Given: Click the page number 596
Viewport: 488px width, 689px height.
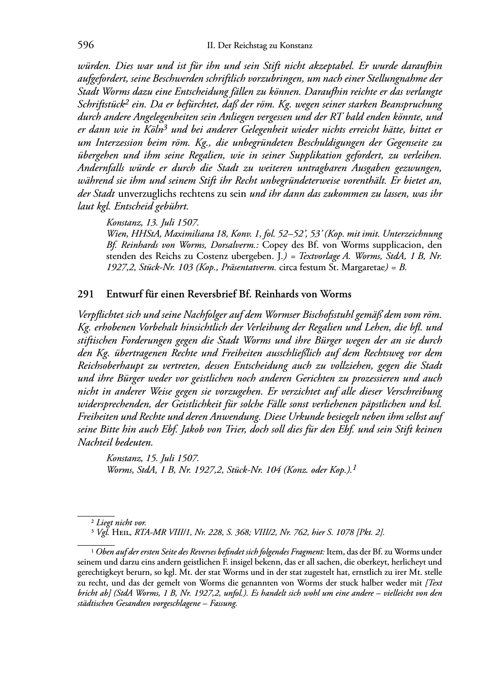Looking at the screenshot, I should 86,46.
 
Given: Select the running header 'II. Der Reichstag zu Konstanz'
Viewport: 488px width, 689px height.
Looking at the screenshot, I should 259,46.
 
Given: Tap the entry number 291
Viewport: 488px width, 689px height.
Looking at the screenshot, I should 86,294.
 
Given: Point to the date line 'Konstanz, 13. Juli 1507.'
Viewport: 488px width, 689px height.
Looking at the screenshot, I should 152,223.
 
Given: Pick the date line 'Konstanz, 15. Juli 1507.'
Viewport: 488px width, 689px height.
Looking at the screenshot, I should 152,458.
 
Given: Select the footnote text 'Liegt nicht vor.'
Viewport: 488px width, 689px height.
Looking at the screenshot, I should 121,523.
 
